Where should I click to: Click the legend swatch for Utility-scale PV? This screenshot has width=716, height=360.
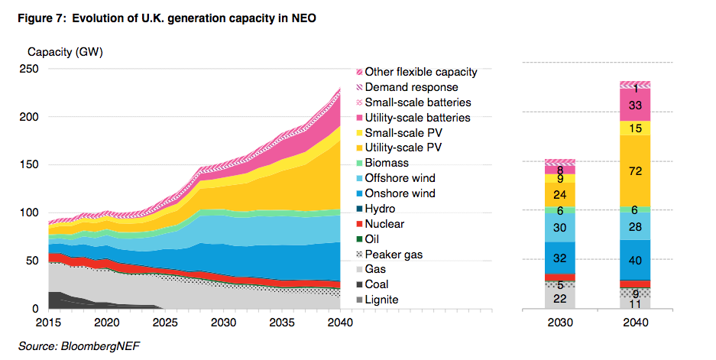point(358,148)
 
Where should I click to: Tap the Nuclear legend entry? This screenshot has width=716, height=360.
point(384,224)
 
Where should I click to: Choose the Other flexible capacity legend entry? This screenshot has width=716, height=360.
point(420,72)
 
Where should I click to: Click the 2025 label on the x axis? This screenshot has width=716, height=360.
point(164,323)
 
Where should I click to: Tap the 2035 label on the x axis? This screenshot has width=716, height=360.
point(280,323)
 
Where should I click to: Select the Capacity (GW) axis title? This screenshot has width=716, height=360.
point(65,53)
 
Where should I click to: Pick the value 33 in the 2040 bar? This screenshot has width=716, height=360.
point(634,105)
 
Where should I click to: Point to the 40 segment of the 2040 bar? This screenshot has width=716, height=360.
point(634,260)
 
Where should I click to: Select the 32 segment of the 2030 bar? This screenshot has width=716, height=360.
point(560,258)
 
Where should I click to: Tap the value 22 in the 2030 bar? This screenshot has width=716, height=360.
point(560,298)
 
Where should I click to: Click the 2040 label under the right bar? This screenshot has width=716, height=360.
point(634,323)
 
